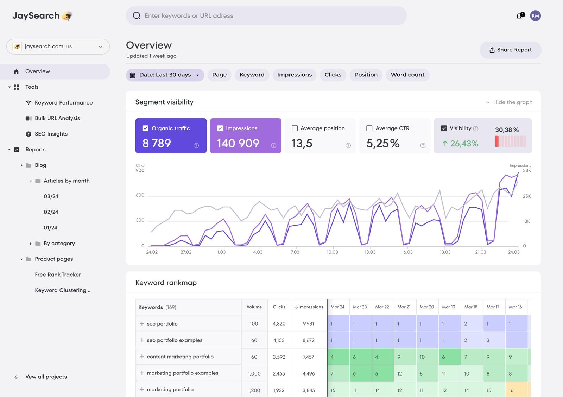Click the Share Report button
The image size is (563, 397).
[x=510, y=50]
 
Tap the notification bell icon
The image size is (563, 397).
[x=519, y=16]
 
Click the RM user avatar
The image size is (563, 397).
[x=535, y=16]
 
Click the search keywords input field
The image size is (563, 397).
[x=266, y=16]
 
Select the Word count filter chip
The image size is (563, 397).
[x=407, y=75]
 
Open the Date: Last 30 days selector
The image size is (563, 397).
[x=165, y=75]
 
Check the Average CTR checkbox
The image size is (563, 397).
[x=369, y=128]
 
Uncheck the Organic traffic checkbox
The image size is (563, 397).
[x=145, y=128]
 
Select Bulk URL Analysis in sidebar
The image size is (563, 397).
[x=57, y=118]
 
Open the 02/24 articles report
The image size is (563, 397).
[x=51, y=212]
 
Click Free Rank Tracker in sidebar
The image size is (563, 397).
[x=58, y=275]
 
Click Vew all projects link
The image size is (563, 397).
[x=46, y=377]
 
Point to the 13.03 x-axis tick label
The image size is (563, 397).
[x=370, y=252]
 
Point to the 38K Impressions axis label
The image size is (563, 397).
[x=527, y=170]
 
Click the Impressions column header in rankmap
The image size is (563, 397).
[x=309, y=307]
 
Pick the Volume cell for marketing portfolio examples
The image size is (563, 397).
[x=254, y=373]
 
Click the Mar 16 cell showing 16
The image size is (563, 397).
[x=516, y=390]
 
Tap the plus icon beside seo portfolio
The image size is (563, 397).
[x=142, y=324]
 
